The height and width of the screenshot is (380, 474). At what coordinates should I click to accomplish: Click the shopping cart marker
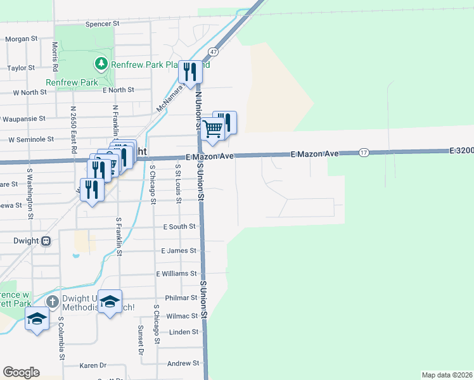click(x=214, y=129)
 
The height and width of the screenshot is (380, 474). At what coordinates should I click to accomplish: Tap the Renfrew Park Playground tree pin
click(x=101, y=64)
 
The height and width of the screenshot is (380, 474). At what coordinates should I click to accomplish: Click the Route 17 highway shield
click(x=363, y=153)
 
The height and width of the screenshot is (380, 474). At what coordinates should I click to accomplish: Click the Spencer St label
click(x=102, y=23)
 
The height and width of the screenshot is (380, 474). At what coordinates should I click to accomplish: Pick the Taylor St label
click(x=20, y=68)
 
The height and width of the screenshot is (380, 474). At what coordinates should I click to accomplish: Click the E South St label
click(x=179, y=227)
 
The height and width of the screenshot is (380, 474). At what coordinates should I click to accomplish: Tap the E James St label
click(x=179, y=251)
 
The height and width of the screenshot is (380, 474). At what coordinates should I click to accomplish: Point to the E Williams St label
click(x=176, y=274)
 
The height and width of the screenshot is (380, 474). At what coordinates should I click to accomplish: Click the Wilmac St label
click(x=183, y=315)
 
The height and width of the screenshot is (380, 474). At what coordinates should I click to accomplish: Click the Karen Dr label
click(x=93, y=365)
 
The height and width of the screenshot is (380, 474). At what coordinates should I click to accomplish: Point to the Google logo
click(x=21, y=372)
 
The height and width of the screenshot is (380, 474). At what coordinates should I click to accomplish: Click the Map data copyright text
click(x=447, y=374)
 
